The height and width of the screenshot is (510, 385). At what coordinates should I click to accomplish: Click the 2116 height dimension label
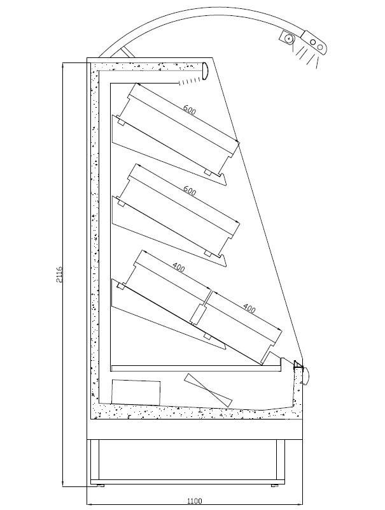[59, 275]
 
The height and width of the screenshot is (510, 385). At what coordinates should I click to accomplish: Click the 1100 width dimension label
[195, 500]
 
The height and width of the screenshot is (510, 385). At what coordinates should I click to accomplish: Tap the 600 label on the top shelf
[189, 110]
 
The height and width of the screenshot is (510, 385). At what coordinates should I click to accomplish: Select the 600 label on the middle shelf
[189, 191]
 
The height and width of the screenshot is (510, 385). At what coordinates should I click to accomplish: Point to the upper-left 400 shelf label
[179, 267]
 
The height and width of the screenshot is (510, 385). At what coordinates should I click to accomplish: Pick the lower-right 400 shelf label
[249, 308]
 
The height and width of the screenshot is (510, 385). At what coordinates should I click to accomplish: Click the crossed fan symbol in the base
[208, 390]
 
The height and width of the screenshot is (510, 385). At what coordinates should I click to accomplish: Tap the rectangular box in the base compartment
[136, 392]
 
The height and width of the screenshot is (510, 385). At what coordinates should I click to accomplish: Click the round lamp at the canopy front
[204, 70]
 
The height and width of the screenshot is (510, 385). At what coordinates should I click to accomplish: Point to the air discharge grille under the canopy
[189, 80]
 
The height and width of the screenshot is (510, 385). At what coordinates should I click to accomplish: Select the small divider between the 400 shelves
[198, 314]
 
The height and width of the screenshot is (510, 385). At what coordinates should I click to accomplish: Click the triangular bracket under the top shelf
[169, 150]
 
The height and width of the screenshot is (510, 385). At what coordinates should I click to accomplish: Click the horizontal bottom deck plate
[195, 368]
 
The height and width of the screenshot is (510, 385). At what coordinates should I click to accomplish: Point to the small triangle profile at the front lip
[298, 364]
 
